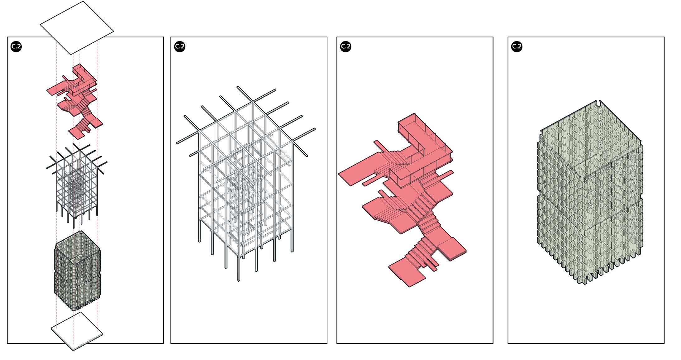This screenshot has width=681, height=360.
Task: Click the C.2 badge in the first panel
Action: (x=16, y=46)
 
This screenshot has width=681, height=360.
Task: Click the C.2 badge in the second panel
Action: (x=180, y=46)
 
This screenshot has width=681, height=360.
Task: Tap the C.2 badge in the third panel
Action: (x=345, y=46)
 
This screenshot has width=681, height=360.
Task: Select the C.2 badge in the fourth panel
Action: (x=517, y=46)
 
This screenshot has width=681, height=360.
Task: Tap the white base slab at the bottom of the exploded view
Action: (x=77, y=331)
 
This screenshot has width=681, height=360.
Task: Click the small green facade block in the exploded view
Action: (x=78, y=271)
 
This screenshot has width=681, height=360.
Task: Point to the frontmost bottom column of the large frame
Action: (x=239, y=268)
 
